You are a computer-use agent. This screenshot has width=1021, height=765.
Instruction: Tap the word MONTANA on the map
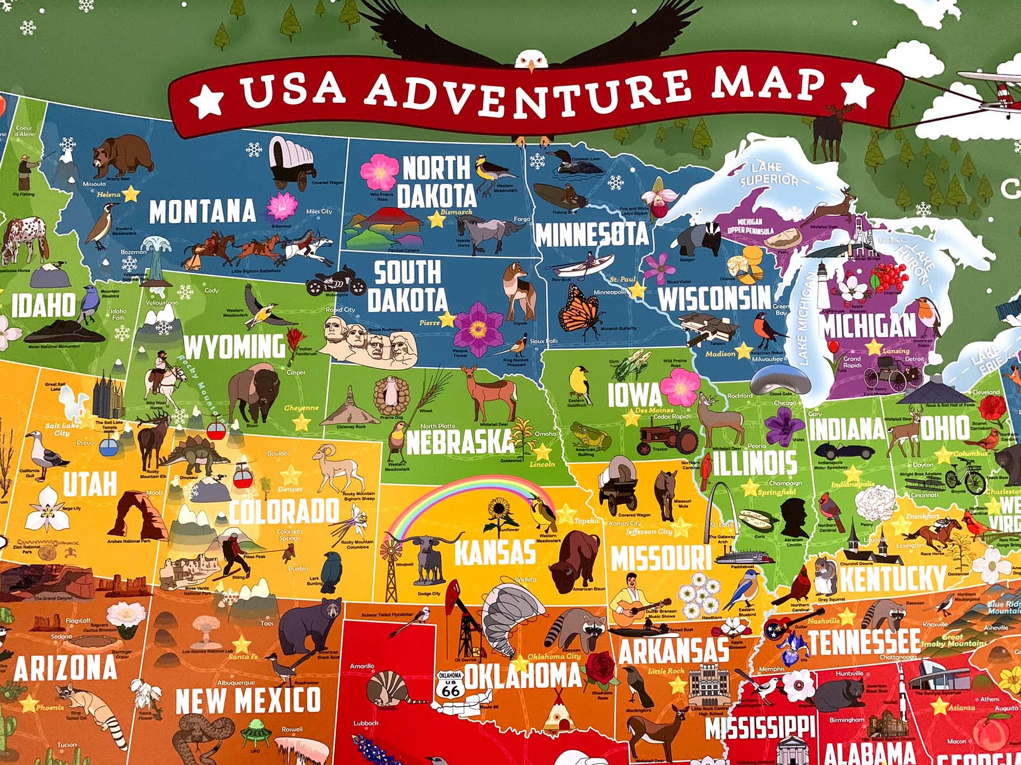point(202,212)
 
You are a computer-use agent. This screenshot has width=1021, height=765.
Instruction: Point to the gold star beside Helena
point(131,194)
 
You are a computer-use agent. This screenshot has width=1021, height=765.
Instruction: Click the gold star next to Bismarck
point(437,220)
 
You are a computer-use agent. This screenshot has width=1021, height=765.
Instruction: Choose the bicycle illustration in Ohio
point(965,476)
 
